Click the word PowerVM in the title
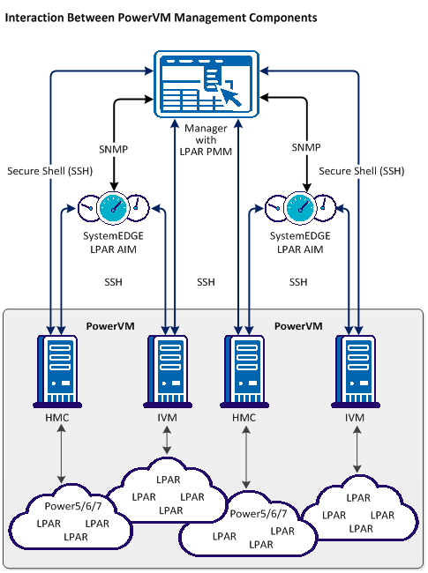click(145, 18)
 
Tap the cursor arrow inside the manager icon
click(231, 95)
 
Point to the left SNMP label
click(115, 150)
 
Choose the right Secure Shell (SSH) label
click(363, 170)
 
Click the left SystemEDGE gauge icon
click(113, 209)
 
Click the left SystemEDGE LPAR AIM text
click(113, 244)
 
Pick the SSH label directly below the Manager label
click(206, 282)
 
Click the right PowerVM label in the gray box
click(298, 326)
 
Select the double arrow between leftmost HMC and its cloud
click(59, 455)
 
